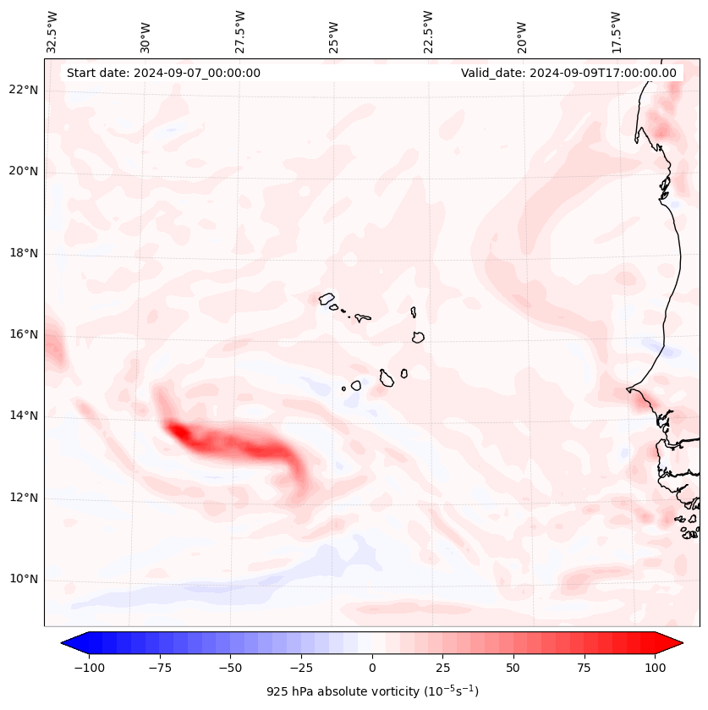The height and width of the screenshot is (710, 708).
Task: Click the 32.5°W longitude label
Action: (52, 32)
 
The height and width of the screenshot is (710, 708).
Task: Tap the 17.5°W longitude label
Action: (617, 32)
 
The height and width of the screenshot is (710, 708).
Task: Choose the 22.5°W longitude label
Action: (428, 32)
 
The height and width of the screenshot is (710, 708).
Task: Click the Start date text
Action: (163, 73)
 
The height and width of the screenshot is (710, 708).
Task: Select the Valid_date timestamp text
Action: (568, 73)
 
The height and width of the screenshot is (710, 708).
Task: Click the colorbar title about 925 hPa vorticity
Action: (372, 691)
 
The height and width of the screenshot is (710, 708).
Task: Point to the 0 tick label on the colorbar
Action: (372, 668)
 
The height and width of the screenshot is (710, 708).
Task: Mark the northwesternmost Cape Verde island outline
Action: (327, 298)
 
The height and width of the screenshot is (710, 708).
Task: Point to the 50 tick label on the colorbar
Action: (513, 668)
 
